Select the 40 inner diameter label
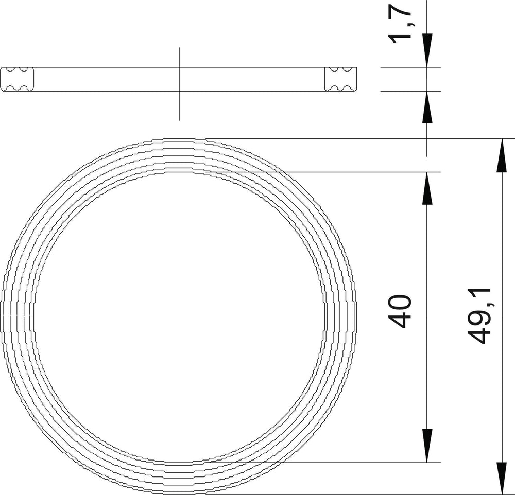(400, 312)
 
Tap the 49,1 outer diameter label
(479, 316)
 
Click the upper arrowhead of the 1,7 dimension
(426, 50)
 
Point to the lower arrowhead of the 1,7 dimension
(426, 108)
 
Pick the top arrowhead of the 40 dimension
(426, 188)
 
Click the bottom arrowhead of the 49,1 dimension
(501, 478)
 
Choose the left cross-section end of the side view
(17, 79)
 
